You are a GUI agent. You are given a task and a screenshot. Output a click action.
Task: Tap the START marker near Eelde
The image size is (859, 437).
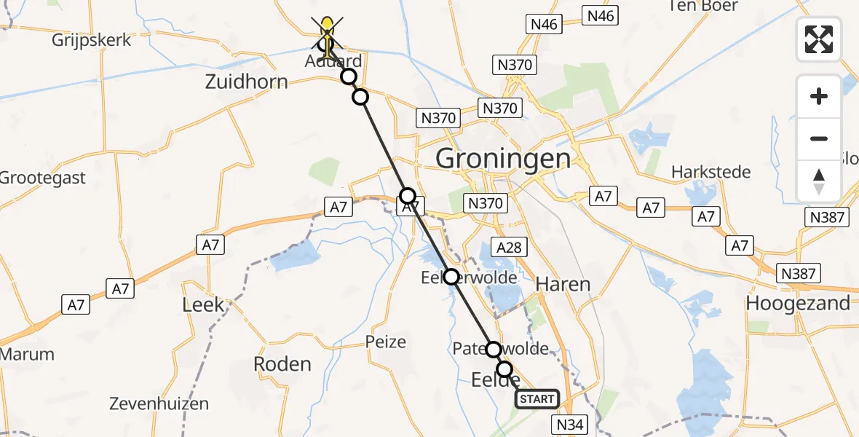tap(537, 399)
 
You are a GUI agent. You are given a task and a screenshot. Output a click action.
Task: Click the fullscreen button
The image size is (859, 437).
tap(819, 39)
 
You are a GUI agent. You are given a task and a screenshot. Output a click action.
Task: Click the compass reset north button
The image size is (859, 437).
tap(819, 181)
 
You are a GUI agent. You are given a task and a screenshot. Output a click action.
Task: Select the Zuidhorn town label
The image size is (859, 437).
tap(246, 82)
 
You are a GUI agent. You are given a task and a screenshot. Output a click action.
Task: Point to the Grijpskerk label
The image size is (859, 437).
tap(92, 39)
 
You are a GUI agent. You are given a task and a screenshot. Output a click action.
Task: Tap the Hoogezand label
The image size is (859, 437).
tap(798, 303)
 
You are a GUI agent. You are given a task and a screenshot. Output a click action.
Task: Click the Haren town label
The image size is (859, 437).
tap(563, 284)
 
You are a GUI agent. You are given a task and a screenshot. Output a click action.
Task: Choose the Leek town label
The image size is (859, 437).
tap(203, 304)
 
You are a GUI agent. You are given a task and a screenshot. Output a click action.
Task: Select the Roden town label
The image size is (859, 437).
tap(282, 364)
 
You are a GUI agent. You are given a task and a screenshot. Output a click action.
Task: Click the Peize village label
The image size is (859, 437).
tap(385, 341)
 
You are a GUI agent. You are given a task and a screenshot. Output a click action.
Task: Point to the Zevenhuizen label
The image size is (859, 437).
tap(159, 403)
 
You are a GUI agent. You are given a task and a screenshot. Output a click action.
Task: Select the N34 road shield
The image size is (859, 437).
tap(570, 424)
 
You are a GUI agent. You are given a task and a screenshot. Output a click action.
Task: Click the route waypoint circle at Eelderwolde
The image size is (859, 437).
tap(451, 277)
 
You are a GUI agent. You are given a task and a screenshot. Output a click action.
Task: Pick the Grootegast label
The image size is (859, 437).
tap(42, 178)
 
